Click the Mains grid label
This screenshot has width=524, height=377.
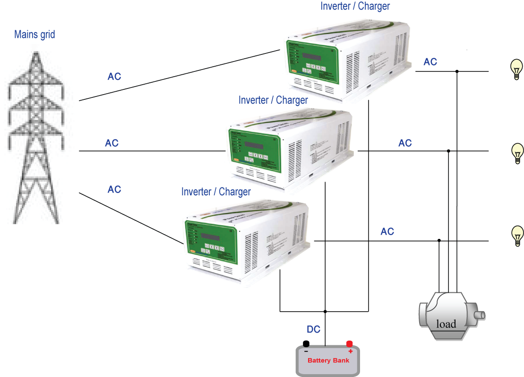click(x=34, y=35)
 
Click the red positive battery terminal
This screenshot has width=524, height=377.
click(x=350, y=344)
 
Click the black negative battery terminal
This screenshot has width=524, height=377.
click(x=306, y=344)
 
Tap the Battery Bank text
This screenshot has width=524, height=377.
click(x=328, y=360)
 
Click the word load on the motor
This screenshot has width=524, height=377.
click(x=446, y=324)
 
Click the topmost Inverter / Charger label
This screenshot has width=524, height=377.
click(x=355, y=6)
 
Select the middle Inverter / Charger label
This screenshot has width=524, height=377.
click(x=273, y=100)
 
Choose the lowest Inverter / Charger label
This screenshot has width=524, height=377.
click(x=216, y=192)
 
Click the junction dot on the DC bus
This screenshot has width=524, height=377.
click(x=325, y=311)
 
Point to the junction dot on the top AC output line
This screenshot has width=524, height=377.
click(x=457, y=71)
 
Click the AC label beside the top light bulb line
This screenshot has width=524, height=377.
click(x=430, y=62)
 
